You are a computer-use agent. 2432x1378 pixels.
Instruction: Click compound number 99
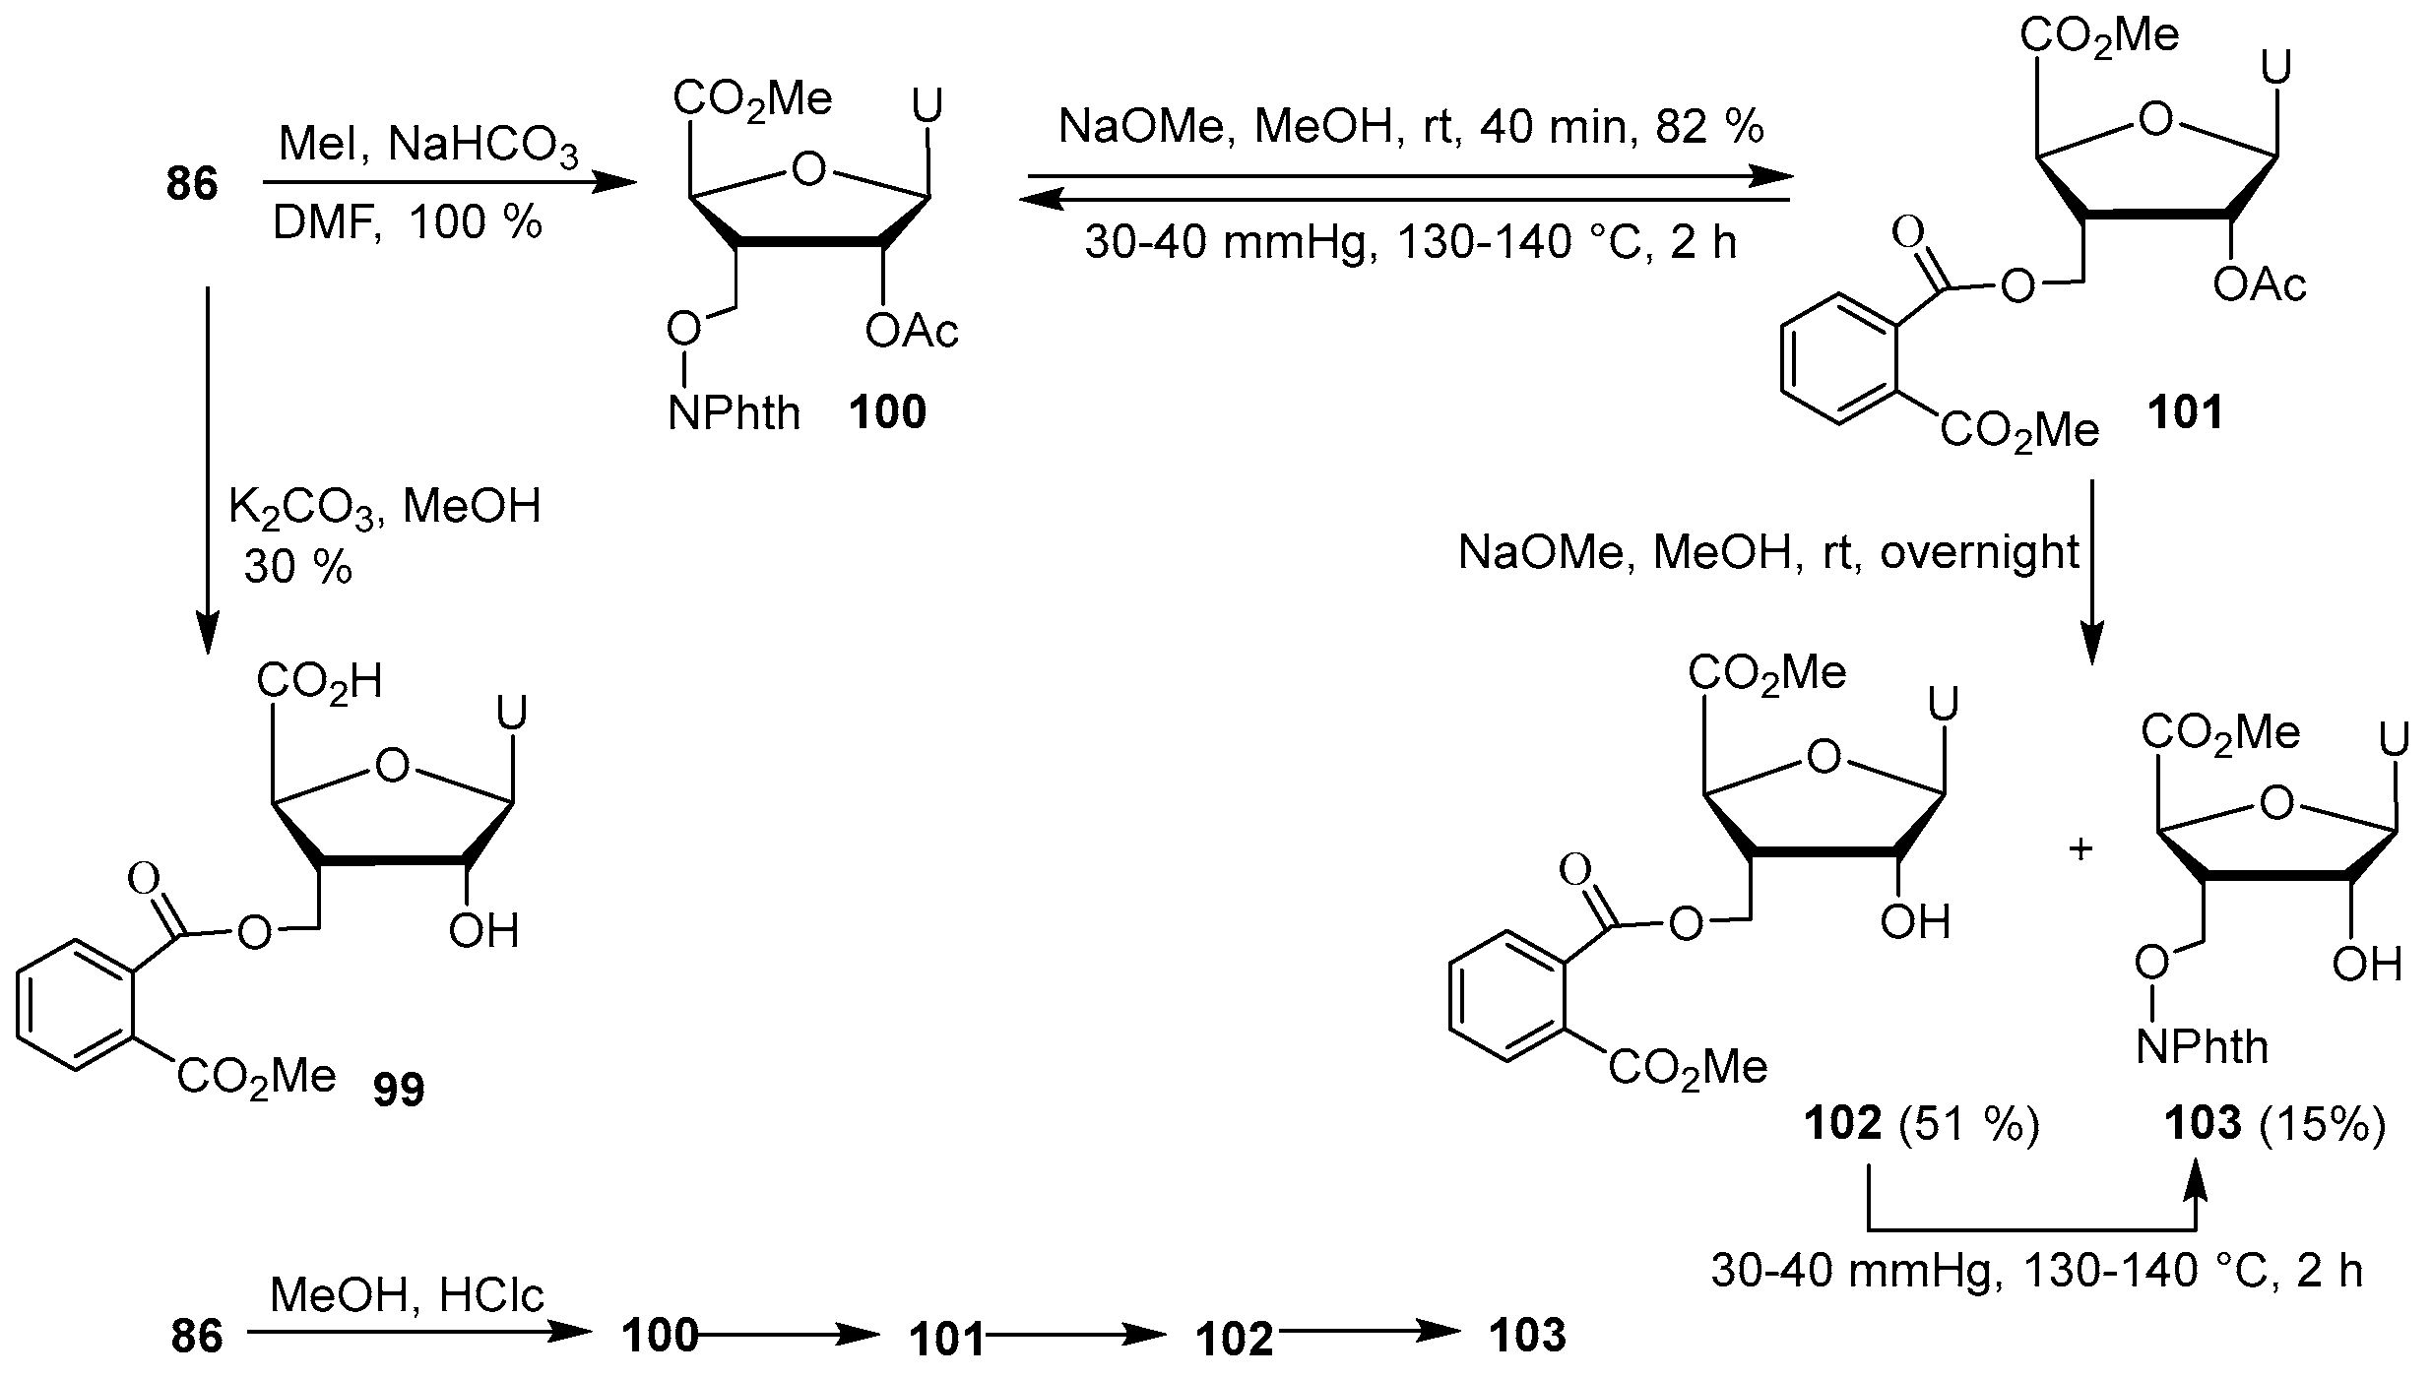399,1090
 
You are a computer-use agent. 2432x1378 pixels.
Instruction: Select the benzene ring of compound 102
1505,1005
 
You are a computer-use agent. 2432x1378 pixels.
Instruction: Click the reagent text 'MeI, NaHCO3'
428,146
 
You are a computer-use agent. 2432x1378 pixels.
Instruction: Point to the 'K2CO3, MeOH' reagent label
385,508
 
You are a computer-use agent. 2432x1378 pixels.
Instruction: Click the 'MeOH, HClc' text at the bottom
406,1295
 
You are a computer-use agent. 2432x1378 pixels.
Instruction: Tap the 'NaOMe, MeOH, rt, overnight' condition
1768,553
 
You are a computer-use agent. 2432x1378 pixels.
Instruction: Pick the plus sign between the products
2080,849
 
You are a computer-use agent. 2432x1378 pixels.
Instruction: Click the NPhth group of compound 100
734,413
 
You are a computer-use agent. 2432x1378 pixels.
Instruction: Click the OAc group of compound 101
2260,285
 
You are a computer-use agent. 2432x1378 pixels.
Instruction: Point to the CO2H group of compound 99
320,682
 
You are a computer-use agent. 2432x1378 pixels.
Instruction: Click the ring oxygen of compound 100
808,170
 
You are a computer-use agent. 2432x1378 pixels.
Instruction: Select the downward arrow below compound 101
2089,571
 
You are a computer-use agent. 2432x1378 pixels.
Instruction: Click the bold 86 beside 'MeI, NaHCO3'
192,184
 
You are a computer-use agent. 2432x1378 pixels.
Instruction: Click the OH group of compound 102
1915,922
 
